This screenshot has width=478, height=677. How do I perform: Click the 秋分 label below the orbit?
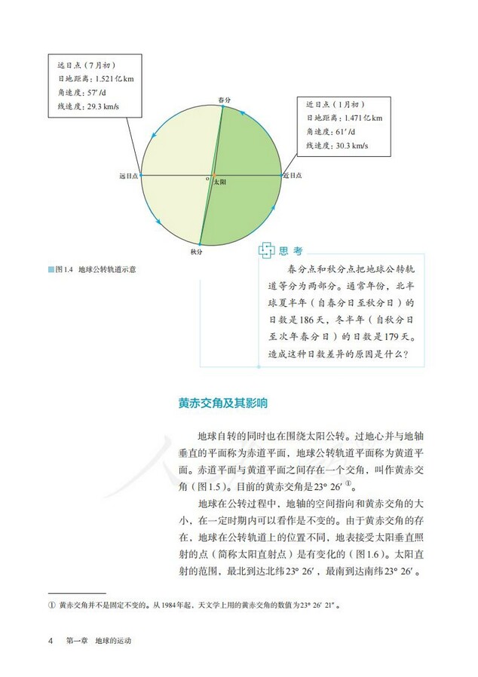point(196,251)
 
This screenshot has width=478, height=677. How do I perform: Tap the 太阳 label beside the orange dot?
point(219,182)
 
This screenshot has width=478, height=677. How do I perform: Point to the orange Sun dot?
point(213,175)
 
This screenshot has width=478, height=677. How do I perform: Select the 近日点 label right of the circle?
point(293,175)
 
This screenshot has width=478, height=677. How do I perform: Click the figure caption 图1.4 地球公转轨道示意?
point(101,268)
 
